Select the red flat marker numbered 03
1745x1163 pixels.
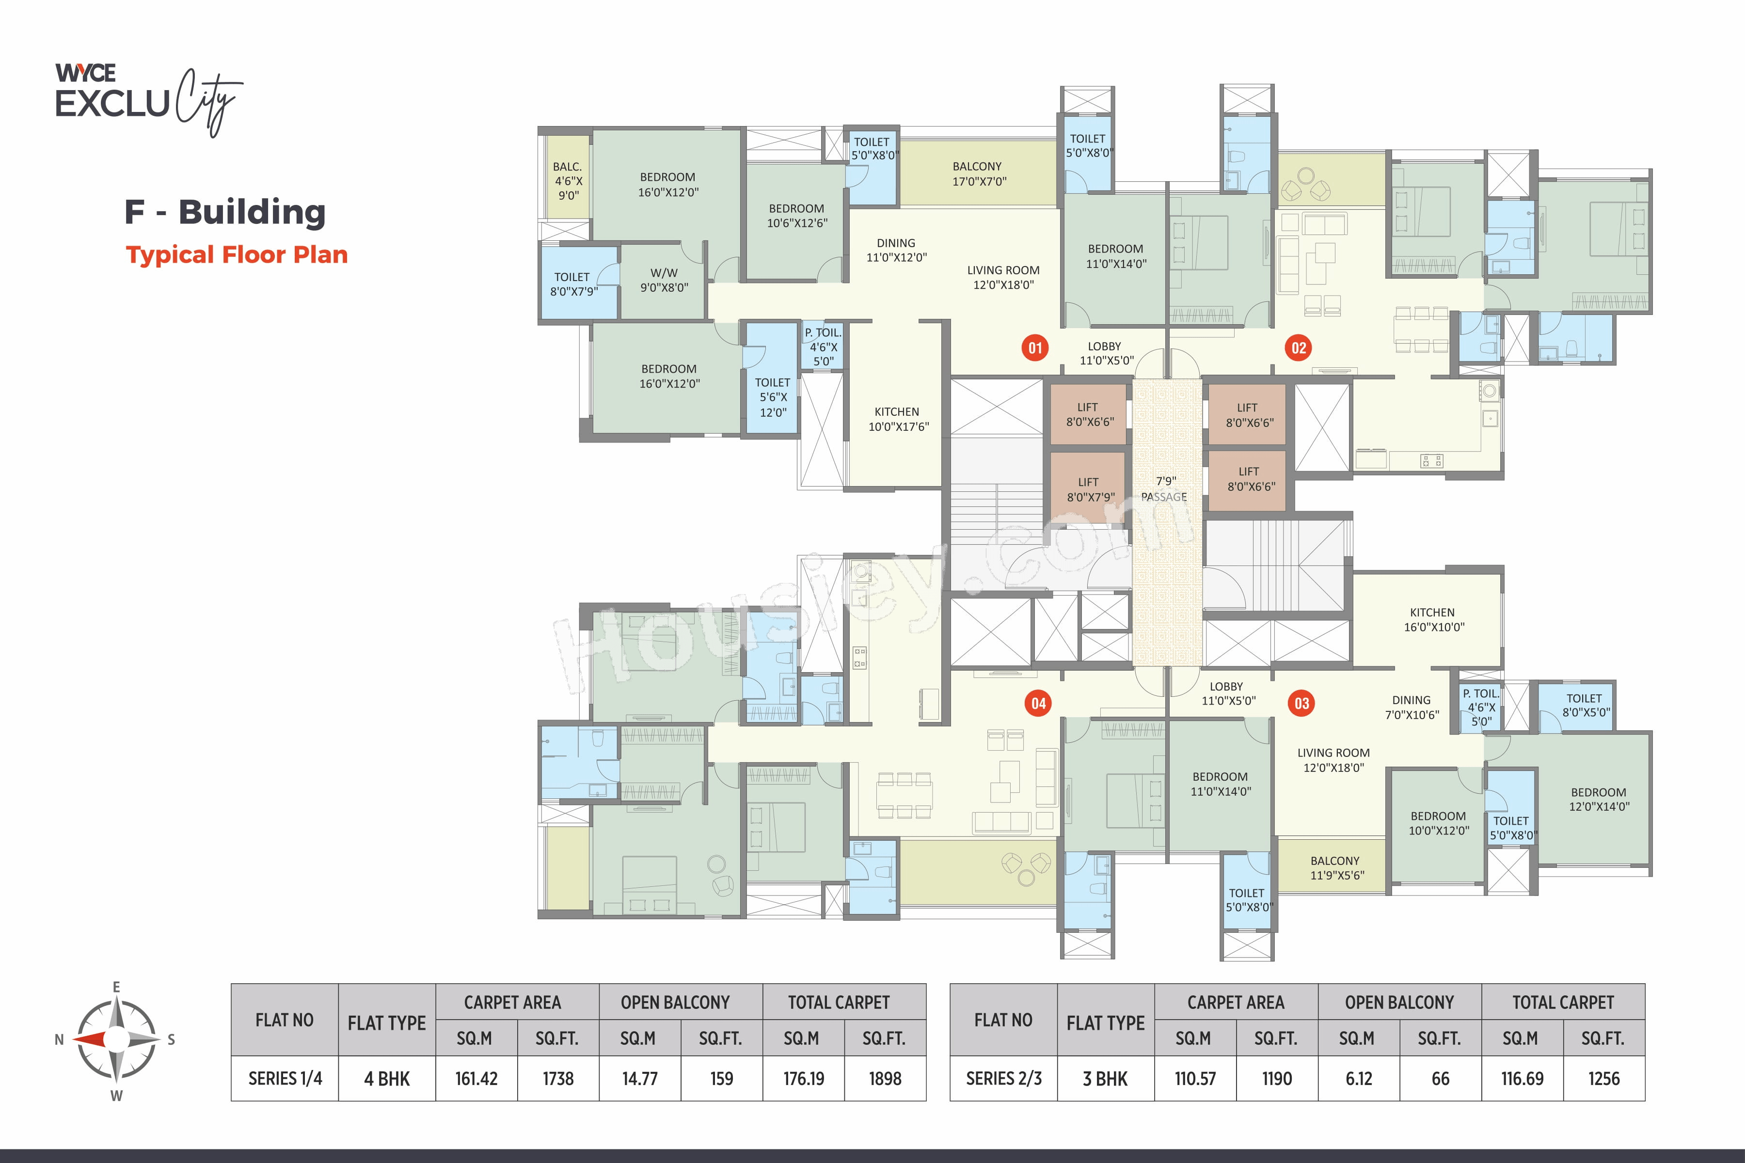click(1301, 703)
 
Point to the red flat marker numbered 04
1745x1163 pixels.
click(1038, 703)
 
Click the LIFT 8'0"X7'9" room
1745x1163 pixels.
click(1088, 489)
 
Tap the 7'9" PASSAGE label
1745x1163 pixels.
click(1165, 489)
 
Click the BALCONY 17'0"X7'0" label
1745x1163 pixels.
click(978, 173)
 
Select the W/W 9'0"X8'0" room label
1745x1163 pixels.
click(664, 280)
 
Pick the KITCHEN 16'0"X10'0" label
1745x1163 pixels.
click(1433, 619)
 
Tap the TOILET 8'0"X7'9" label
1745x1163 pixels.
click(573, 284)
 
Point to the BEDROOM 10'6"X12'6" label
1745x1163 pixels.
click(797, 215)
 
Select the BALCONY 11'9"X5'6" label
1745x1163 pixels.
click(1336, 868)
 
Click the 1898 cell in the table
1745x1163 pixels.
click(885, 1079)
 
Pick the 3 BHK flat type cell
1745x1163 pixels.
click(1106, 1079)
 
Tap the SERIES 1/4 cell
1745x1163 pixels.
click(285, 1079)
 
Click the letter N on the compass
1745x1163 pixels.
click(59, 1040)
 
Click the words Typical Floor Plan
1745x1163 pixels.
click(237, 254)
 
